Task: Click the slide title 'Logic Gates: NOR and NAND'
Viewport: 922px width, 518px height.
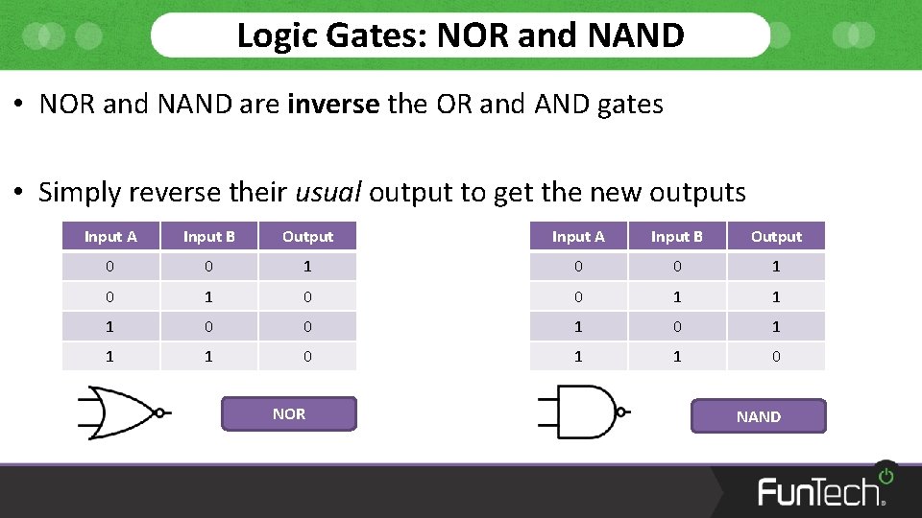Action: tap(460, 35)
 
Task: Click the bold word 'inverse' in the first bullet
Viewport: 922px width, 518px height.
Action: tap(333, 105)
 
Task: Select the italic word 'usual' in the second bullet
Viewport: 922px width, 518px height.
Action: tap(328, 193)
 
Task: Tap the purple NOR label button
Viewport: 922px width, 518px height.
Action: tap(289, 414)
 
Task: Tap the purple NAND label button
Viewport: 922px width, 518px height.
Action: tap(758, 416)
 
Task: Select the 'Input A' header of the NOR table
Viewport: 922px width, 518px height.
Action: tap(110, 237)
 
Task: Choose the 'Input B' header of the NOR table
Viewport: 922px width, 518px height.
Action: tap(209, 237)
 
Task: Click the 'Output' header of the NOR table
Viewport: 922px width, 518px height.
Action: tap(307, 237)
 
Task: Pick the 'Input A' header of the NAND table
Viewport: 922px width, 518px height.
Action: tap(578, 237)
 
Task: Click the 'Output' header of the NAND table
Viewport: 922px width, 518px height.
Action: tap(776, 237)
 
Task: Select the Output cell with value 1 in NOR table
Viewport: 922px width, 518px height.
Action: tap(307, 267)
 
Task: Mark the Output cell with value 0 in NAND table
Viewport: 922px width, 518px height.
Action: tap(776, 356)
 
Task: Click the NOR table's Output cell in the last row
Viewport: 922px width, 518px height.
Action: tap(307, 356)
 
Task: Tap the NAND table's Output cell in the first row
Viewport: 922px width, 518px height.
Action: tap(776, 267)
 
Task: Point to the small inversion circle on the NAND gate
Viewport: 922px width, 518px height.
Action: tap(622, 412)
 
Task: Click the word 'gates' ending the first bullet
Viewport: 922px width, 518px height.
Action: tap(630, 105)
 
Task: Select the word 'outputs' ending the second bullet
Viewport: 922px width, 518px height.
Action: tap(697, 193)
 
